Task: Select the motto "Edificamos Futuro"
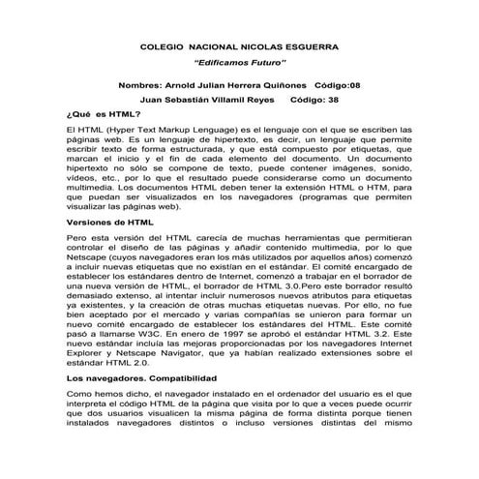[238, 65]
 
